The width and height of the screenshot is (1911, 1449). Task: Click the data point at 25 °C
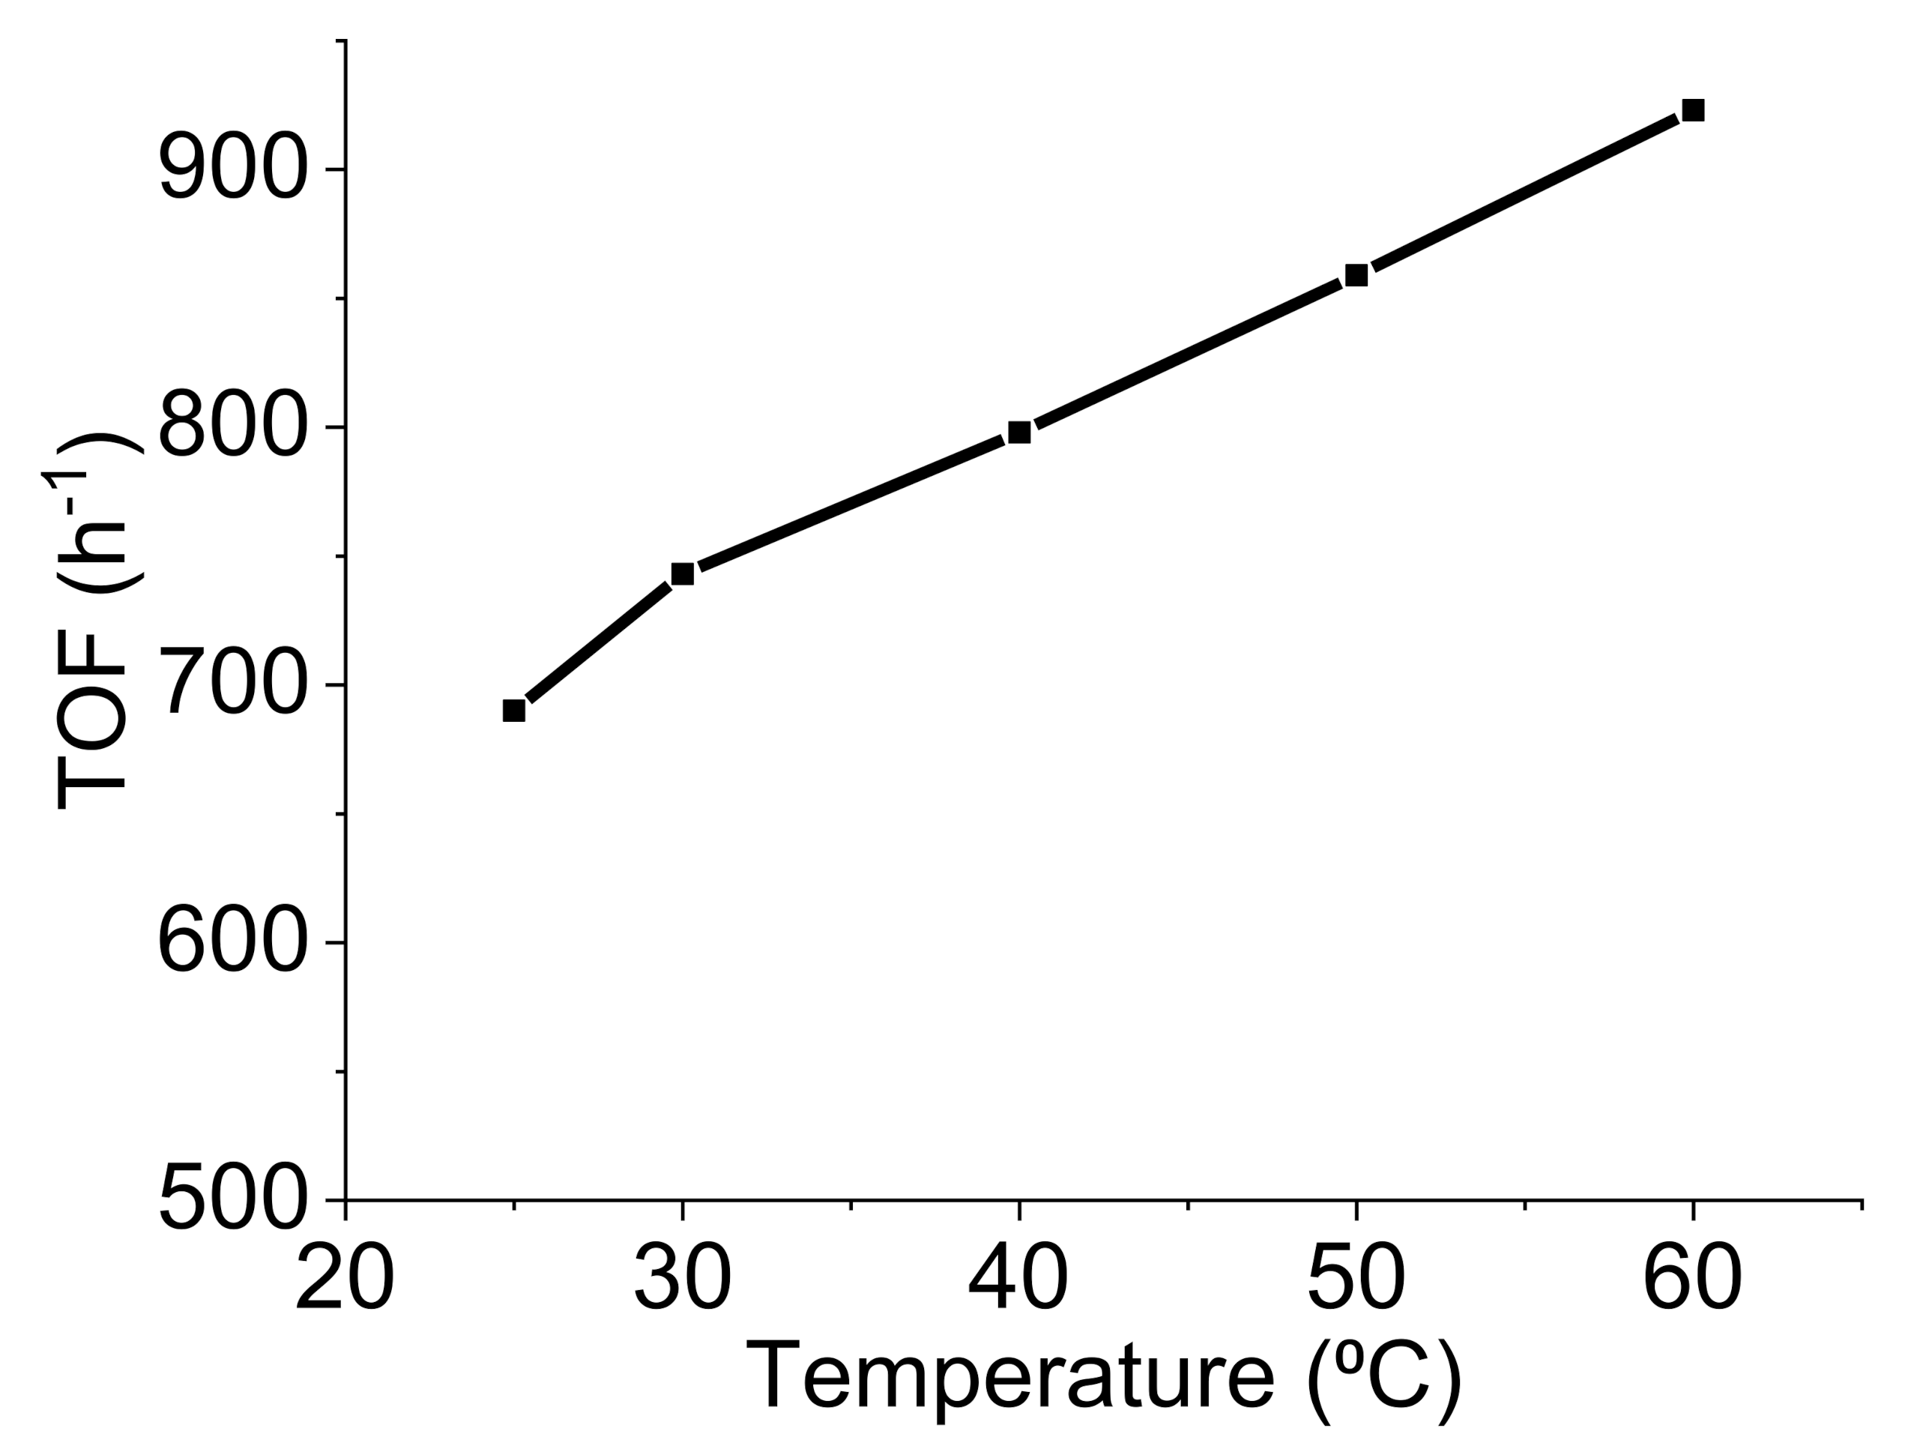coord(514,710)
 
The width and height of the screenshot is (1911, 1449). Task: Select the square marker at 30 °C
coord(683,573)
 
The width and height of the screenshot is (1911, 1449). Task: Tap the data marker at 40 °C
coord(1019,432)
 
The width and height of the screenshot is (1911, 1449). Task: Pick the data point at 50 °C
coord(1356,276)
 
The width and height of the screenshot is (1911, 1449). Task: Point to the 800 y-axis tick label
coord(233,427)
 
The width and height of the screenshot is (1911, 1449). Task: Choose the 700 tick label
coord(233,685)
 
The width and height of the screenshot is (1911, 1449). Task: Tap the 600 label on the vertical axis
coord(233,943)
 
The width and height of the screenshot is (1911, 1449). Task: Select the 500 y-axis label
coord(233,1200)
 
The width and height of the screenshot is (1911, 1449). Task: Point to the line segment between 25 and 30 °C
coord(598,642)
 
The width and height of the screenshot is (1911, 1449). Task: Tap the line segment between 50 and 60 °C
coord(1525,193)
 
